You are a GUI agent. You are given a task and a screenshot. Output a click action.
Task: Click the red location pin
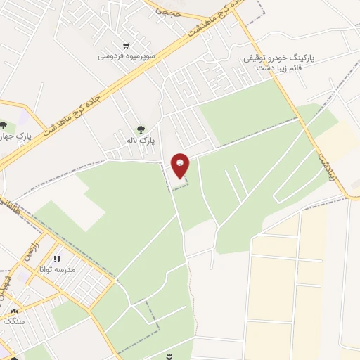pyautogui.click(x=180, y=165)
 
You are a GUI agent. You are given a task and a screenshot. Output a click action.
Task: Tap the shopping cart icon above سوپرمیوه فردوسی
pyautogui.click(x=126, y=44)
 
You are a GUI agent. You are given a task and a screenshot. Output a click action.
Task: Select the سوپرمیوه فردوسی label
pyautogui.click(x=127, y=54)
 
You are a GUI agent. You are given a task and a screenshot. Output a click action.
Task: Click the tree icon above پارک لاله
pyautogui.click(x=141, y=129)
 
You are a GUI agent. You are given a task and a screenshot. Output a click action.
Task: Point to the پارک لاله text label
pyautogui.click(x=141, y=141)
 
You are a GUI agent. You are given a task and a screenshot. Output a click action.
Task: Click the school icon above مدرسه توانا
pyautogui.click(x=57, y=259)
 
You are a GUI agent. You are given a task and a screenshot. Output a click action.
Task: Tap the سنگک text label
pyautogui.click(x=14, y=321)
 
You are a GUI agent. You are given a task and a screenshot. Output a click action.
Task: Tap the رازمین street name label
pyautogui.click(x=31, y=250)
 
